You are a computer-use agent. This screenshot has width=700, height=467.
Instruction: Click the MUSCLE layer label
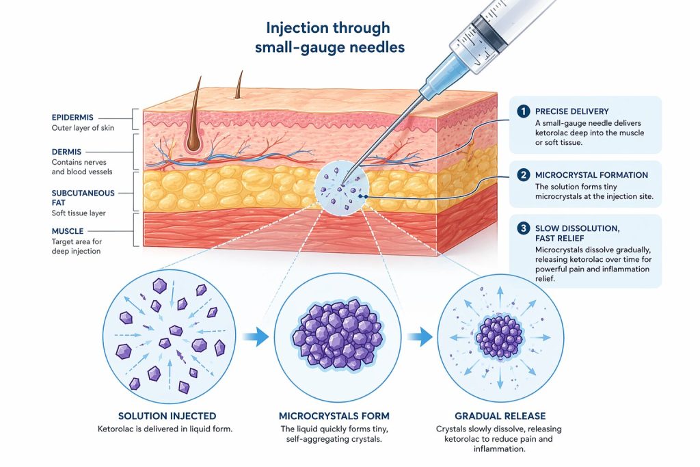pos(68,231)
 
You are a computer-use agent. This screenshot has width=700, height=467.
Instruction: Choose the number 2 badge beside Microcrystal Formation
pos(523,175)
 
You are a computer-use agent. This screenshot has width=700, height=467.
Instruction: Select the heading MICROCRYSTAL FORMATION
pos(591,175)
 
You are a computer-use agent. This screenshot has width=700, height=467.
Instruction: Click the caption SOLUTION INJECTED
pos(167,416)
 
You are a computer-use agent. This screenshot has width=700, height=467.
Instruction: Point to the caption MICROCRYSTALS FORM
pos(334,416)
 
